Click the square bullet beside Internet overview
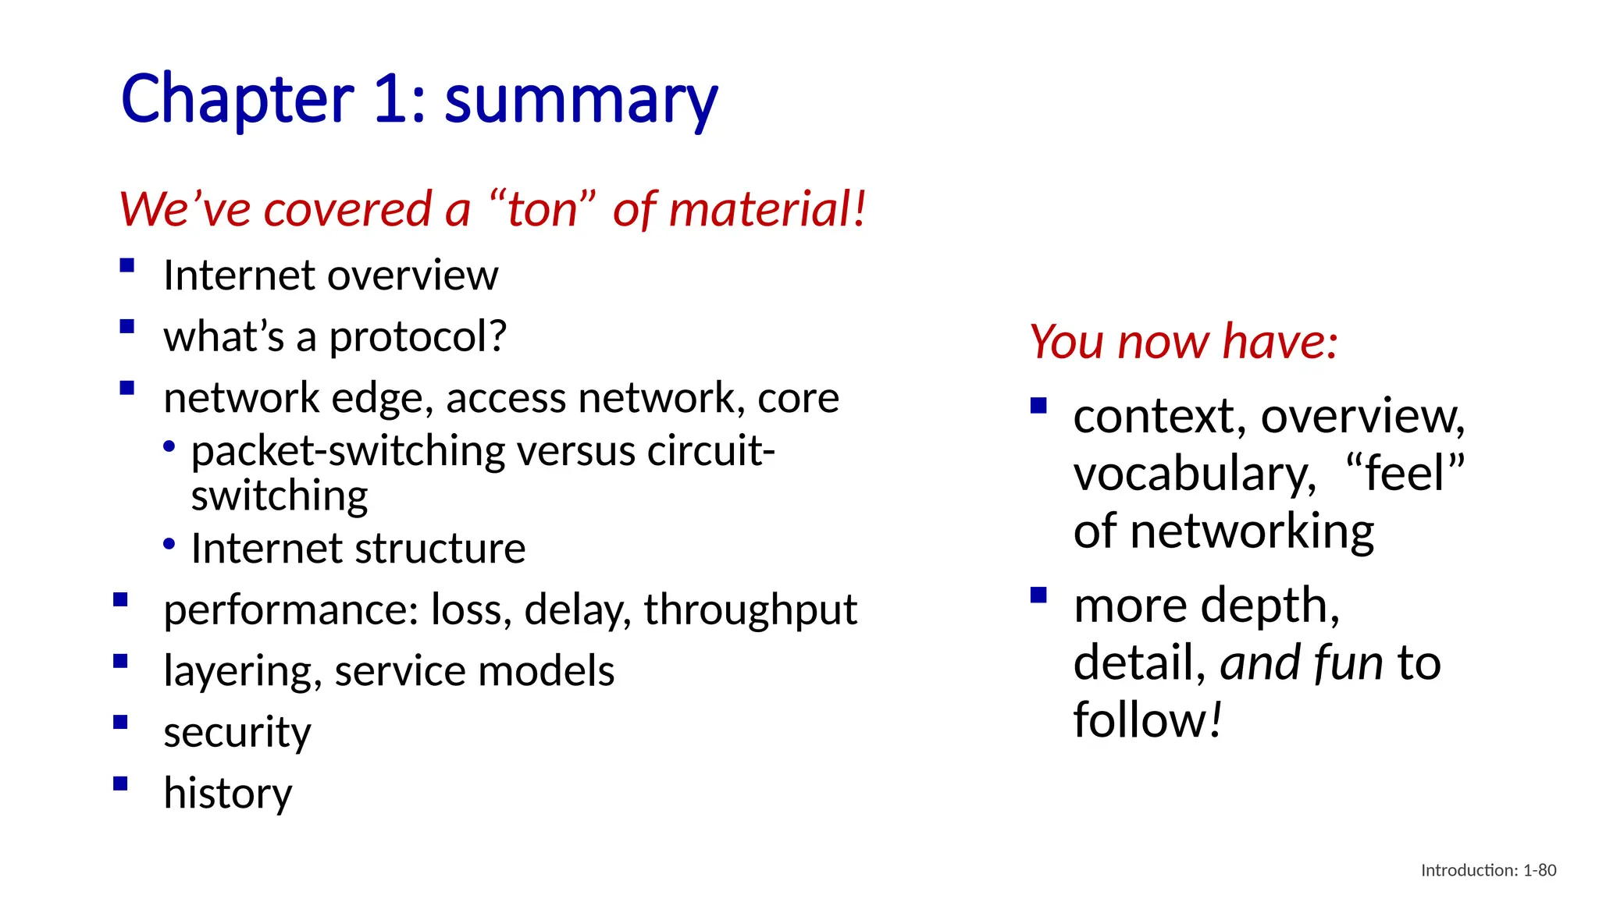point(127,265)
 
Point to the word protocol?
point(418,337)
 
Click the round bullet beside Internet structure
point(169,544)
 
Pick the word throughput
point(750,610)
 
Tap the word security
point(237,733)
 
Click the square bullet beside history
point(120,784)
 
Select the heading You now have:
point(1183,342)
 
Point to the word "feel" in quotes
point(1405,473)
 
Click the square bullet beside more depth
point(1038,595)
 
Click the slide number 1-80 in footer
point(1540,870)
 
